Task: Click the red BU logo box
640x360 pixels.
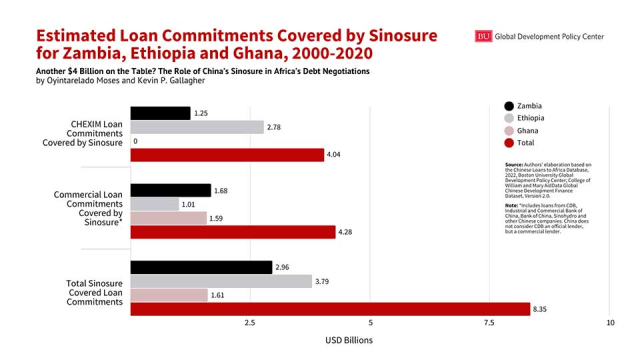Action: click(x=483, y=36)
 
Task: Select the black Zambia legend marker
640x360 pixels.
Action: click(x=509, y=106)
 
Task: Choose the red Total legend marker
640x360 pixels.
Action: click(x=509, y=143)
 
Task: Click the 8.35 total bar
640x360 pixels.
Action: click(x=330, y=309)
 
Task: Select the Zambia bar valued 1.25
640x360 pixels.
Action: click(x=160, y=113)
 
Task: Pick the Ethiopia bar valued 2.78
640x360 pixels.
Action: click(x=197, y=127)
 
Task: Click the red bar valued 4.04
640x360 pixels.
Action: click(x=227, y=155)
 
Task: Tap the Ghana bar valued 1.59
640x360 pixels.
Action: click(x=168, y=218)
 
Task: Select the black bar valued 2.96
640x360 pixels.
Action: click(x=201, y=267)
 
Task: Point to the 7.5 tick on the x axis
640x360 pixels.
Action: click(x=490, y=323)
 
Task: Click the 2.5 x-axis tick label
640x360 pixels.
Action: click(x=250, y=323)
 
